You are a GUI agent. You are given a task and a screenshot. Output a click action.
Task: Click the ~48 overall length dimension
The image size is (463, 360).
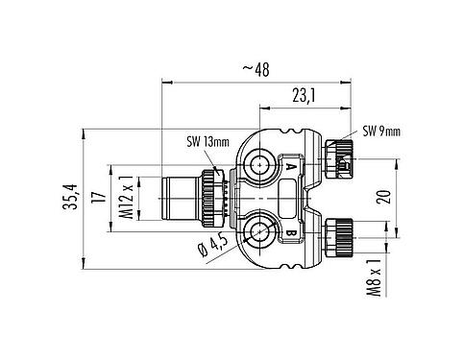(x=255, y=70)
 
